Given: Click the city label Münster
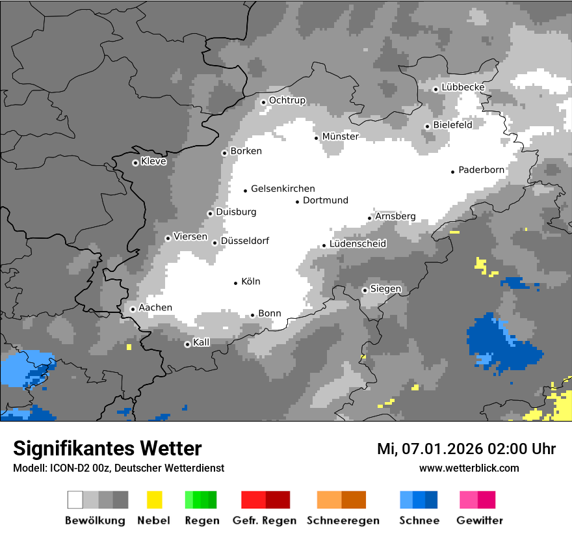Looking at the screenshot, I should [340, 137].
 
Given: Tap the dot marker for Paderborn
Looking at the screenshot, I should [453, 172].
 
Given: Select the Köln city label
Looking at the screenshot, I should [250, 282].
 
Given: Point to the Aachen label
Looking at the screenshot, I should [155, 308].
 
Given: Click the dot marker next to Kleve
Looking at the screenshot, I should [135, 163].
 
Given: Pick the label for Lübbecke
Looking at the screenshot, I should [463, 87].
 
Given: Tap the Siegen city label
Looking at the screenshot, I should [385, 289].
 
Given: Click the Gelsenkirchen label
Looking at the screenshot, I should [283, 189].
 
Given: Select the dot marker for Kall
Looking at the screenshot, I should [187, 344].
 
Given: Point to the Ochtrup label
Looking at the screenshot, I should [287, 100].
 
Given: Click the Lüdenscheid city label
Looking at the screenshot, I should [357, 244].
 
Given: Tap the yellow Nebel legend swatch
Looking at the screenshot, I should [154, 500].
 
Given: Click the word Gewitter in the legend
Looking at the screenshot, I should [479, 520].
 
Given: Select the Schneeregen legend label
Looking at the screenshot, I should [343, 520].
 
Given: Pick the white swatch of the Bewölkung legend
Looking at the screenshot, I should [75, 500].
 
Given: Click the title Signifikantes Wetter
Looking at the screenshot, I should [107, 448].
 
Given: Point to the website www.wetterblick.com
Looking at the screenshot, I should [469, 468].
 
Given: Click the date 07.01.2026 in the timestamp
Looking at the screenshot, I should [434, 449].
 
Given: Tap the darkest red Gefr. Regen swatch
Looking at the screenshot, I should [278, 500].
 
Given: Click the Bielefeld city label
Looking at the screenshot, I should [452, 124].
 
